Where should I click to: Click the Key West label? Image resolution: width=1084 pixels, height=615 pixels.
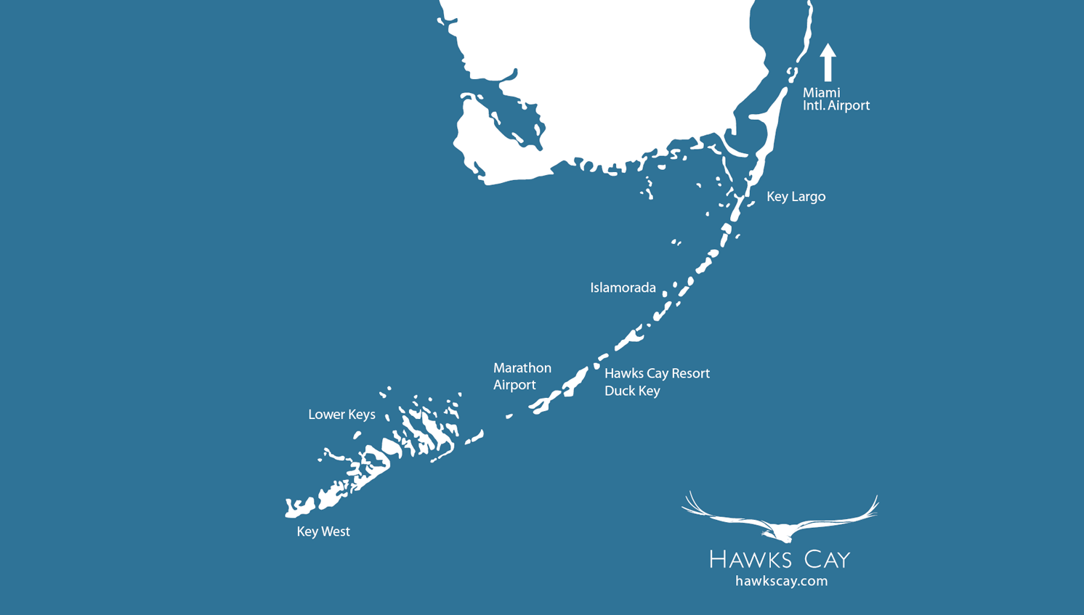pyautogui.click(x=323, y=531)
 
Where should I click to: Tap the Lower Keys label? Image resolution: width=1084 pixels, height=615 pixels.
pyautogui.click(x=341, y=415)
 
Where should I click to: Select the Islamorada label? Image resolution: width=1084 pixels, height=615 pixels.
pyautogui.click(x=623, y=288)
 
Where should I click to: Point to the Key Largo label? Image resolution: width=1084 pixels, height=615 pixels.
pyautogui.click(x=796, y=197)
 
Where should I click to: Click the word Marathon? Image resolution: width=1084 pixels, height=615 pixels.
pyautogui.click(x=522, y=368)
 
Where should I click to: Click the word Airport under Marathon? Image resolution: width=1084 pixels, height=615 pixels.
pyautogui.click(x=514, y=385)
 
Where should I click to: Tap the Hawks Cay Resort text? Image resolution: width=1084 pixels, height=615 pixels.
pyautogui.click(x=657, y=373)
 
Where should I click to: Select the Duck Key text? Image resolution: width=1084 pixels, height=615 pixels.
pyautogui.click(x=632, y=391)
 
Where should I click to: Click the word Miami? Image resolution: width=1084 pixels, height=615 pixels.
pyautogui.click(x=821, y=93)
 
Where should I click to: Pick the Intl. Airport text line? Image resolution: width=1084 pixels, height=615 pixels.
pyautogui.click(x=836, y=106)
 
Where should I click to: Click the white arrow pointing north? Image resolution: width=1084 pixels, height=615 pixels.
pyautogui.click(x=828, y=62)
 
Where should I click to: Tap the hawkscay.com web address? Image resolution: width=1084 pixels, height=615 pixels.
pyautogui.click(x=781, y=581)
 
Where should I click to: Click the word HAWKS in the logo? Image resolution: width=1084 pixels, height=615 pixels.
pyautogui.click(x=750, y=559)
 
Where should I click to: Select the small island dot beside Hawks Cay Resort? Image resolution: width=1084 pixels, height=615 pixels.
pyautogui.click(x=596, y=366)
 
